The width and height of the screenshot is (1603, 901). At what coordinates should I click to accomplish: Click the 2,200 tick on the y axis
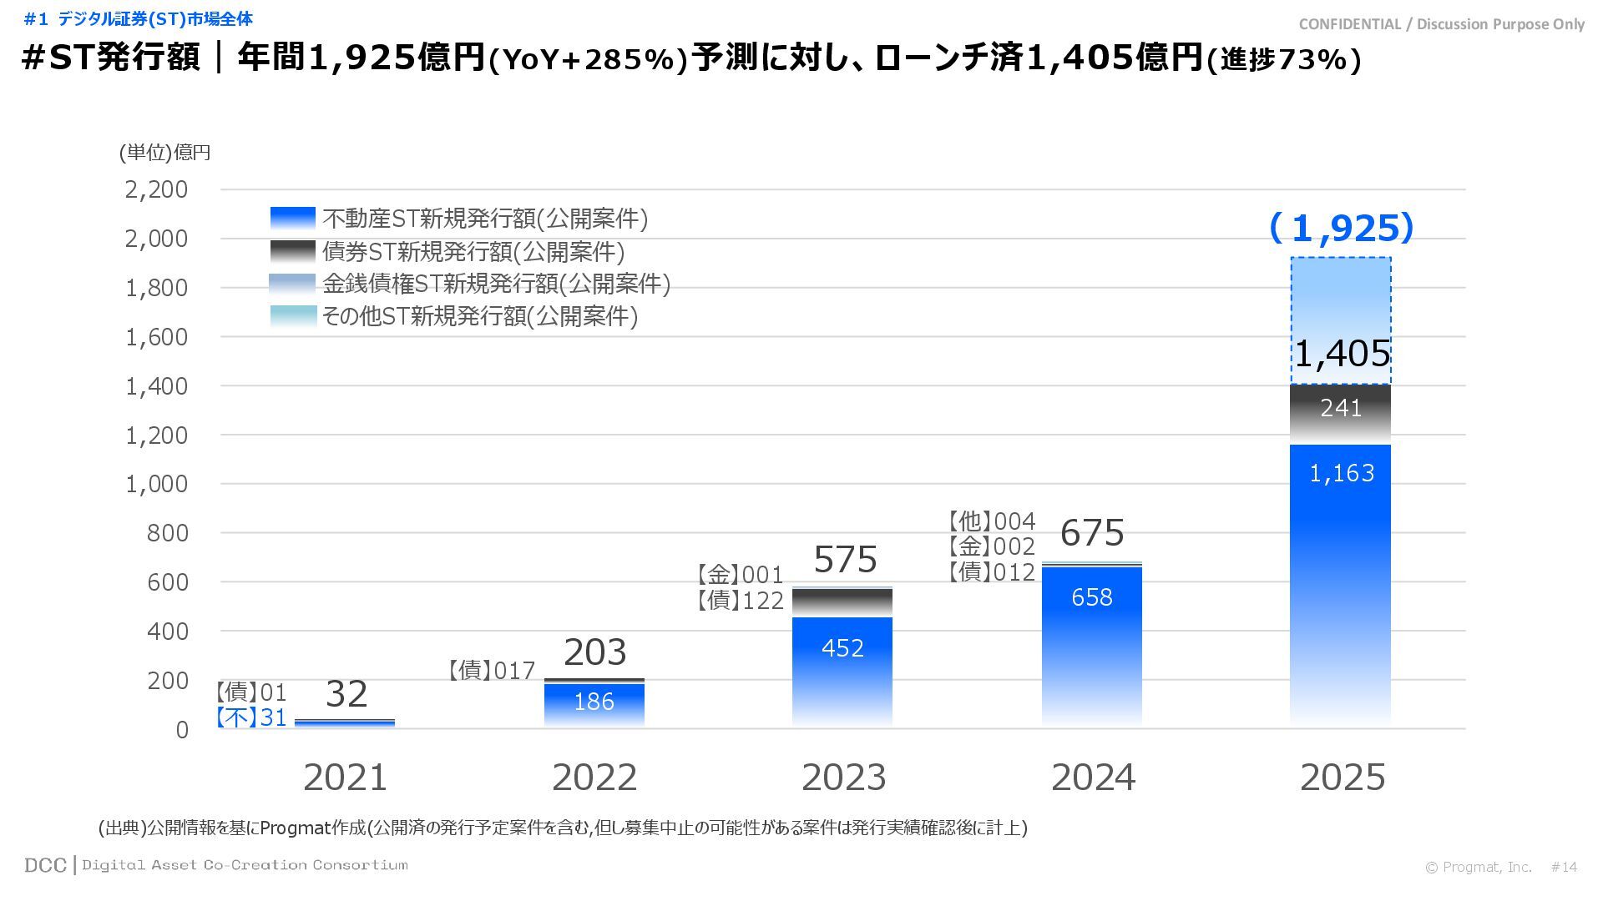[157, 190]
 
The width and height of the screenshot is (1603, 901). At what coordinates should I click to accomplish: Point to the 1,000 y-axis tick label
[157, 485]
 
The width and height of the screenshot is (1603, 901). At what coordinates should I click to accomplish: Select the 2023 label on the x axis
[843, 778]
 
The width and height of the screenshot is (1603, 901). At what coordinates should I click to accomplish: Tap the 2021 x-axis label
[345, 778]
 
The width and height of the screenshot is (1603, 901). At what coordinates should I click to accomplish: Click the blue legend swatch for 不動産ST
[293, 219]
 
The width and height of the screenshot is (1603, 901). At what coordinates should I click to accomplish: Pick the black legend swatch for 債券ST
[293, 251]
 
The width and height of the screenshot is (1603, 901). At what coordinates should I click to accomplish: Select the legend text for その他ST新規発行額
[480, 317]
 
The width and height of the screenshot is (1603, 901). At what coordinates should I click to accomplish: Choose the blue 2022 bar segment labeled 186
[594, 703]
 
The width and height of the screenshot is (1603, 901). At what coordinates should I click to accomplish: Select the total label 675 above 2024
[1092, 533]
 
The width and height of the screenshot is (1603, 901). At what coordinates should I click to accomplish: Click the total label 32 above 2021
[346, 694]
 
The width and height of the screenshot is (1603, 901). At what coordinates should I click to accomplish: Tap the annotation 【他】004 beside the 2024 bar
[991, 522]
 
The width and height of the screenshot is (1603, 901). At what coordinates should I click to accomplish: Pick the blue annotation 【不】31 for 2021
[250, 718]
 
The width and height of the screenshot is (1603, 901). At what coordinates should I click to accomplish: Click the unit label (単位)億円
[164, 153]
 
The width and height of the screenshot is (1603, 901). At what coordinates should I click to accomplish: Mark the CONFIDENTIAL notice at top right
[1442, 24]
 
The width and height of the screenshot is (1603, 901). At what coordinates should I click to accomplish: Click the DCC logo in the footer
[45, 865]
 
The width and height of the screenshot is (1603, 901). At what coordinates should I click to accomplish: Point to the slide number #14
[1564, 868]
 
